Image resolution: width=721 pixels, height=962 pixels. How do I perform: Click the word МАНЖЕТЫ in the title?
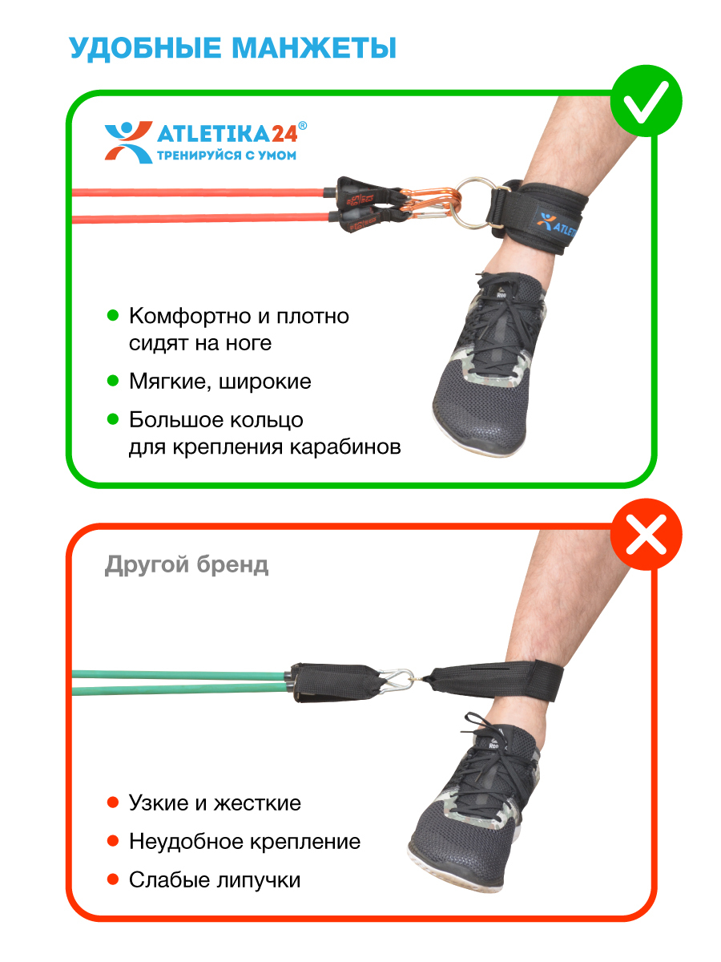[x=314, y=48]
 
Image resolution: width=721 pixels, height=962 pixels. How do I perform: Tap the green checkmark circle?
[x=646, y=101]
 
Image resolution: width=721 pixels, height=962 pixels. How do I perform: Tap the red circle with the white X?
[x=646, y=534]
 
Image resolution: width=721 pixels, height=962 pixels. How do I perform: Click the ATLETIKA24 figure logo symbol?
[x=128, y=142]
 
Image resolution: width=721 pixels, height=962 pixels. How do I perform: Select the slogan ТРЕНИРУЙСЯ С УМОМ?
[x=227, y=156]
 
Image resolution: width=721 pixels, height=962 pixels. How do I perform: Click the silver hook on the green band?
[x=397, y=681]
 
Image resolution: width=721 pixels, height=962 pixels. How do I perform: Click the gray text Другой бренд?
[x=187, y=565]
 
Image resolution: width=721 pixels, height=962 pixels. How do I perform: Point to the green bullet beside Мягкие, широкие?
[x=113, y=381]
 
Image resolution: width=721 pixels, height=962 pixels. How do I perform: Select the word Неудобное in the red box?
[x=183, y=842]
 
